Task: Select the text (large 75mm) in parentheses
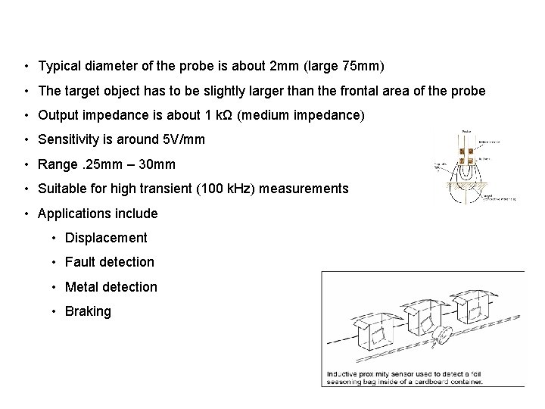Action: (x=344, y=67)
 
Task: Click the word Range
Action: (x=58, y=164)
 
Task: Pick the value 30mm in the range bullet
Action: (x=160, y=164)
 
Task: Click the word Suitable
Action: (x=62, y=188)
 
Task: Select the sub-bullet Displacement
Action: (x=106, y=238)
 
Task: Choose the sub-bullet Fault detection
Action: (x=109, y=262)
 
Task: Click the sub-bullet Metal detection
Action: (x=111, y=287)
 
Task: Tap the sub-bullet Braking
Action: (x=88, y=311)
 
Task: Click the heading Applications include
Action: (x=98, y=214)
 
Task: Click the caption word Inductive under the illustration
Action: (x=346, y=374)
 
